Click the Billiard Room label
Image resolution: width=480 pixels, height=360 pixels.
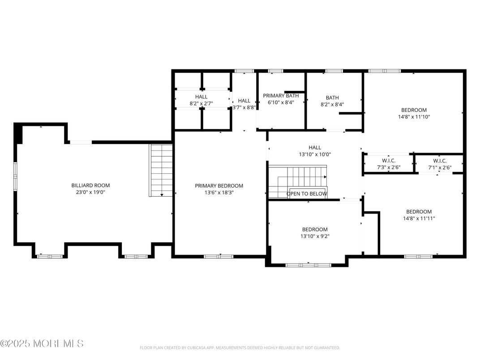point(90,185)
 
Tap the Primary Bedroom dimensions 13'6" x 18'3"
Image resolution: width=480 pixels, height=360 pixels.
point(219,193)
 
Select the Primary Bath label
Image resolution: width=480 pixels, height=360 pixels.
point(280,96)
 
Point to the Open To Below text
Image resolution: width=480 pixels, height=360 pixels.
point(307,194)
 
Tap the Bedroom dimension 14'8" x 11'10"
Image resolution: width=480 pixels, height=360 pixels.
point(414,117)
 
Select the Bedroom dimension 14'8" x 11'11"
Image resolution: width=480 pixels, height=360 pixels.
point(419,219)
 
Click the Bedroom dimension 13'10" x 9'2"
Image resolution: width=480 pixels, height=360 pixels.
point(314,236)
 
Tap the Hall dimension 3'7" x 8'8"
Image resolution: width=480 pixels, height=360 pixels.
point(244,107)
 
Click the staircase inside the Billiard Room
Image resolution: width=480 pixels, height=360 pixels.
point(161,170)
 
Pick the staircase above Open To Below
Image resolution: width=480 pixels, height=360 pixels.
point(298,177)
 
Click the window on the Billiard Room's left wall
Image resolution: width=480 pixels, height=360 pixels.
point(15,176)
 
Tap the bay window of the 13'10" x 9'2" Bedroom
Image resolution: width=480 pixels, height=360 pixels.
point(308,265)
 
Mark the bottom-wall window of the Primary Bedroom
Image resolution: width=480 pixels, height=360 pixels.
point(219,257)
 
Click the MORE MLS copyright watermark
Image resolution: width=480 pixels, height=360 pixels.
point(42,344)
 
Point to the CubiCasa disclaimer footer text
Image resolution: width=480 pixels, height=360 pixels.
point(240,348)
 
